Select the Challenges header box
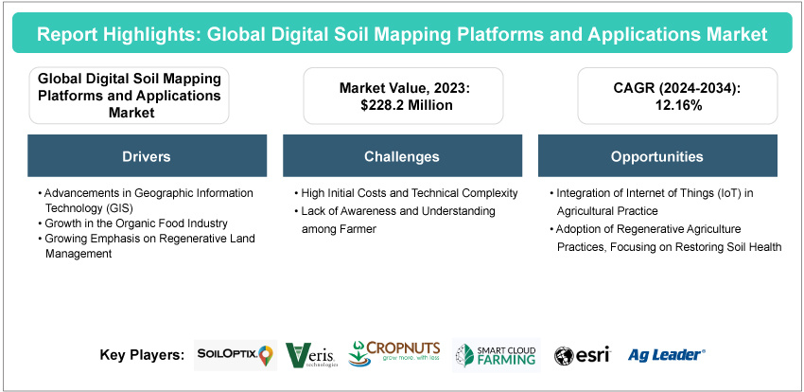[402, 155]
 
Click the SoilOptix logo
[233, 354]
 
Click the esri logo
[582, 355]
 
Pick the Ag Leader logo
[666, 355]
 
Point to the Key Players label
[141, 355]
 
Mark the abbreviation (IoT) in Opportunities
[709, 193]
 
